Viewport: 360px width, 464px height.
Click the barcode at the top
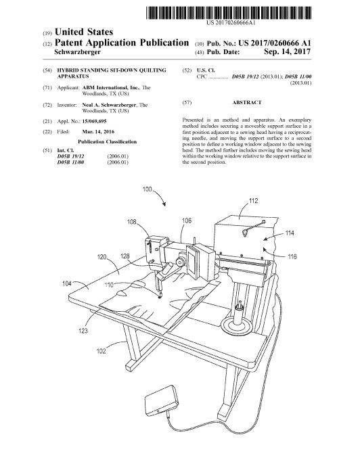[x=229, y=13]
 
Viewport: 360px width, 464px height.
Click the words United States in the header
[x=84, y=32]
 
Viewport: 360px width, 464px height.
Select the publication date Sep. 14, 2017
[x=287, y=51]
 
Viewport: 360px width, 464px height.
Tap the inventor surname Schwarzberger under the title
[x=78, y=52]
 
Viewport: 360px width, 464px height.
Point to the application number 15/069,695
[x=94, y=121]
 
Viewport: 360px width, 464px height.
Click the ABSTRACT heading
[x=247, y=102]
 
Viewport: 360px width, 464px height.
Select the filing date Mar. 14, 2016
[x=98, y=132]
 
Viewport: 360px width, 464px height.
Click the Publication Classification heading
[x=107, y=142]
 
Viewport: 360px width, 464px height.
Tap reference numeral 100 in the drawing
[x=147, y=189]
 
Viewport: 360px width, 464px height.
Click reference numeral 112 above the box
[x=253, y=201]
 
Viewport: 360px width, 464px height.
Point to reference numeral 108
[x=132, y=221]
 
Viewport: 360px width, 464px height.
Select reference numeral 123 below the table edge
[x=83, y=331]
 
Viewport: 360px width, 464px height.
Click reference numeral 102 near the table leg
[x=102, y=351]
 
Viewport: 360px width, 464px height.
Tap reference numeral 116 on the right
[x=292, y=256]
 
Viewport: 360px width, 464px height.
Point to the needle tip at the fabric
[x=160, y=297]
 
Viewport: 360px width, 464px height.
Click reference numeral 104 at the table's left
[x=67, y=283]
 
